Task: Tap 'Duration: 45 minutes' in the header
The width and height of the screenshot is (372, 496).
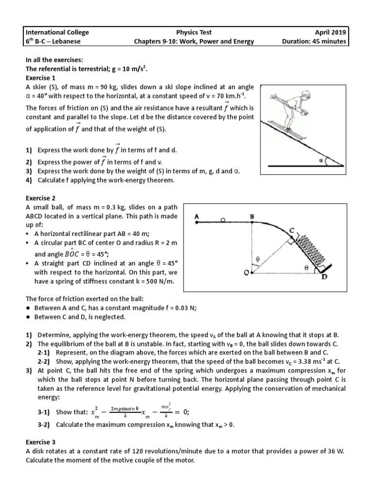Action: click(314, 42)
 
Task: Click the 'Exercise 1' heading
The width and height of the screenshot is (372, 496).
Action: click(41, 77)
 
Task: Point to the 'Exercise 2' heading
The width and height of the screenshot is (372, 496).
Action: click(41, 198)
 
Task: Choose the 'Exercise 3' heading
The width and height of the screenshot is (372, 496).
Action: click(41, 442)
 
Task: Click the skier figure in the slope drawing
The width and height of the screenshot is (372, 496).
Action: click(291, 111)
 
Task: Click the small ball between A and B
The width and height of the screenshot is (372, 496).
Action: click(222, 220)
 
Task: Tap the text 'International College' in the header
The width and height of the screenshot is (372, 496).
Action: click(57, 32)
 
